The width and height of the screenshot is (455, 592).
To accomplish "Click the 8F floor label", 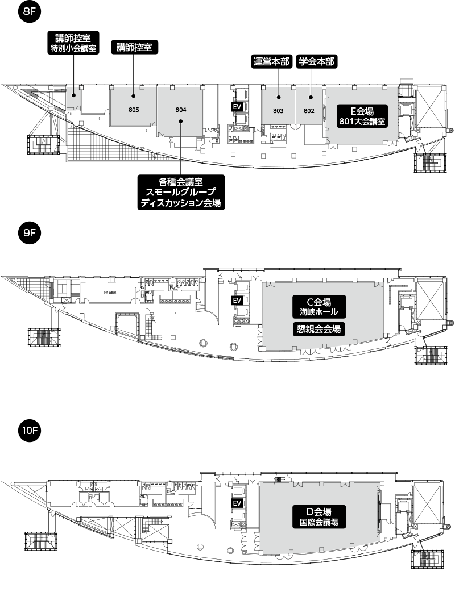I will point(30,11).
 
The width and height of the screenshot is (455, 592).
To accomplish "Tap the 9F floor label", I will point(30,233).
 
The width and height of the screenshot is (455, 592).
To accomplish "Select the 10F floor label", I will point(30,431).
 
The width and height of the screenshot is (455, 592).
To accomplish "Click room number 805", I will point(134,109).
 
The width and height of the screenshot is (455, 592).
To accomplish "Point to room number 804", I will point(181,109).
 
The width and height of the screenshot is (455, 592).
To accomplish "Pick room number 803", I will point(278,111).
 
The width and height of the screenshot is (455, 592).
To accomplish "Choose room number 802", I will point(309,111).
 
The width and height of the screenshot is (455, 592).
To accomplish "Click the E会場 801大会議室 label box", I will point(362,116).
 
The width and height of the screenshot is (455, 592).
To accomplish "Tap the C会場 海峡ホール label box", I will point(319,307).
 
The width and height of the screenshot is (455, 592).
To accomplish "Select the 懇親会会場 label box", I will point(319,329).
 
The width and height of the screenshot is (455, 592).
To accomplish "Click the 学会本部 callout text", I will point(316,62).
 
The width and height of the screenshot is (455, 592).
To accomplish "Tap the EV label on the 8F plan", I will point(237,106).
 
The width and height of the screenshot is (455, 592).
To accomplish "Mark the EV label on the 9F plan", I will point(237,301).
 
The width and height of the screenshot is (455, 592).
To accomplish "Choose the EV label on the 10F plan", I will point(237,503).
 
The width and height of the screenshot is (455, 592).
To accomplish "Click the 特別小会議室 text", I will point(73,49).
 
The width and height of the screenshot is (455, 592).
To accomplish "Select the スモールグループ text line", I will point(181,192).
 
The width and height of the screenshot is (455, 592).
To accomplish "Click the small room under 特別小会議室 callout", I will point(73,98).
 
